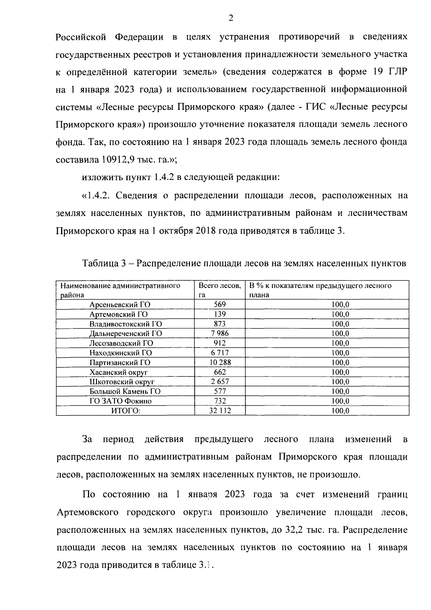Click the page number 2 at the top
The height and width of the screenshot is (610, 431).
(231, 18)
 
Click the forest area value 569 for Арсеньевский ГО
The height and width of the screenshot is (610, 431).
(219, 304)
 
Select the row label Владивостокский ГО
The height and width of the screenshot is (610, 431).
(126, 324)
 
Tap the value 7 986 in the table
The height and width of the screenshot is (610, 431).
(219, 334)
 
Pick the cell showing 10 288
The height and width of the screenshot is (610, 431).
(220, 362)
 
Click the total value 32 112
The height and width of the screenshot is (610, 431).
(220, 411)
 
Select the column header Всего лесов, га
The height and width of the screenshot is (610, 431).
(219, 290)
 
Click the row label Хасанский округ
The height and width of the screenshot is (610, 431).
(119, 372)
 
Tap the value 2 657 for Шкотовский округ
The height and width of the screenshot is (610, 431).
(220, 382)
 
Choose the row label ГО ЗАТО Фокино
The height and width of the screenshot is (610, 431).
(121, 401)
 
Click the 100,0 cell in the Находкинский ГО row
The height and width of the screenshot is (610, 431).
(340, 353)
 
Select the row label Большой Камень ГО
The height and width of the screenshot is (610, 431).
(125, 391)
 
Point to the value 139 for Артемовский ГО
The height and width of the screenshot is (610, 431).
(219, 314)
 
